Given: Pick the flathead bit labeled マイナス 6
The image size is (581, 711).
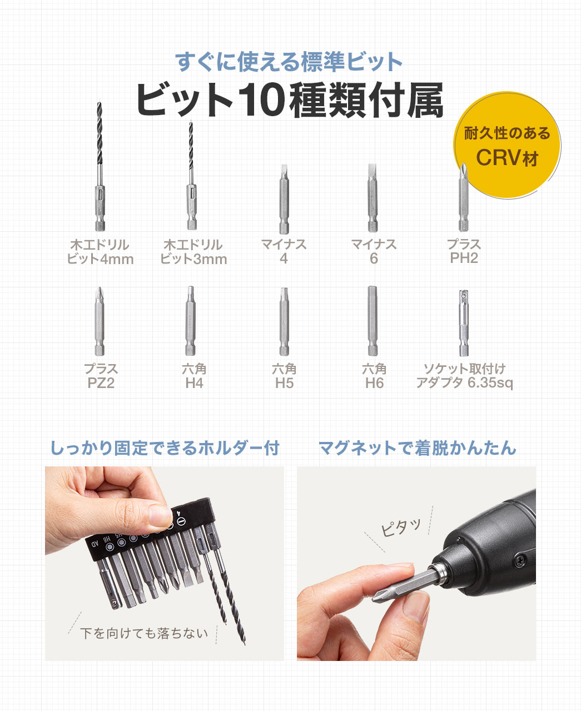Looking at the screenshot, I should coord(373,199).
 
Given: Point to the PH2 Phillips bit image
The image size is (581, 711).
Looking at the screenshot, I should coord(463,199).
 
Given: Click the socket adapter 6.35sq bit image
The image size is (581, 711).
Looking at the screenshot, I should coord(463,322).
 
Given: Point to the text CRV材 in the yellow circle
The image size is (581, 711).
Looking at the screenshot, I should coord(507,157).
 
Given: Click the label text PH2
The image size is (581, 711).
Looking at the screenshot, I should coord(464,258).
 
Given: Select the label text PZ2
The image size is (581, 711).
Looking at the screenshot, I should coord(101,383).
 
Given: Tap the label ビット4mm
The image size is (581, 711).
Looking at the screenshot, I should coord(100,259).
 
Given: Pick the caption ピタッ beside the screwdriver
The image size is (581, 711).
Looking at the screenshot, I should coord(401,526).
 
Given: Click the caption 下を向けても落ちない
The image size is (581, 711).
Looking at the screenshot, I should coord(144,633).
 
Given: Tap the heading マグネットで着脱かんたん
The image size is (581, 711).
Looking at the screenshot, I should coord(417,448).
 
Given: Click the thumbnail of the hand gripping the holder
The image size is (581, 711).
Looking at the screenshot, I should coord(164,563).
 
